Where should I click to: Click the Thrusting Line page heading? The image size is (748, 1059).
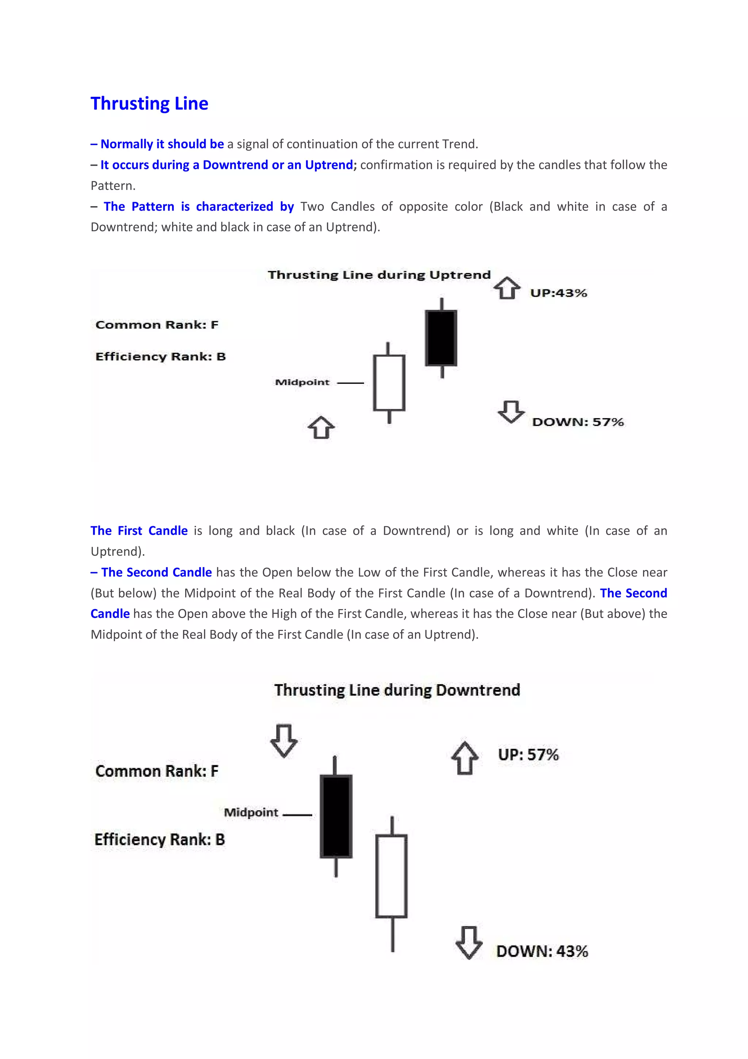[149, 103]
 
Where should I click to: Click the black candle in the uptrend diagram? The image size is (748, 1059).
[441, 338]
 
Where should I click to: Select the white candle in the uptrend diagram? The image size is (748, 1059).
[389, 382]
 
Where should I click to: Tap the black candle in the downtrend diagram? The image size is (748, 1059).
[336, 816]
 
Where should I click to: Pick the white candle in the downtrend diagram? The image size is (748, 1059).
[391, 876]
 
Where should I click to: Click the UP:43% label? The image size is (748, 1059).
[558, 293]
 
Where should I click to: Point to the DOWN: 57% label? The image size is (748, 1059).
[577, 422]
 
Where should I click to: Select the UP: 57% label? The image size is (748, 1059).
[528, 755]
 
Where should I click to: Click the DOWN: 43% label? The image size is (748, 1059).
[542, 951]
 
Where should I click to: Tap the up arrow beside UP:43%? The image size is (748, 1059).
[507, 288]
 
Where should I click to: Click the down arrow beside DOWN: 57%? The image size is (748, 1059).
[511, 411]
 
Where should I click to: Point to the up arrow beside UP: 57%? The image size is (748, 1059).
[465, 758]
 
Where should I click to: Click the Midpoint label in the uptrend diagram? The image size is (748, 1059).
[302, 382]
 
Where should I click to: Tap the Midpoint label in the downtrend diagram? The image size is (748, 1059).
[251, 812]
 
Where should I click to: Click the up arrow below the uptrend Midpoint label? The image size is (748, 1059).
[321, 428]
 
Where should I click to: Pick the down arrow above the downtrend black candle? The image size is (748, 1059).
[284, 741]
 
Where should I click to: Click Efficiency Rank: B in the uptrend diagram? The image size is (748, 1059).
[160, 357]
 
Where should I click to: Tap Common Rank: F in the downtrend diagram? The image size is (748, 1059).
[157, 771]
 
